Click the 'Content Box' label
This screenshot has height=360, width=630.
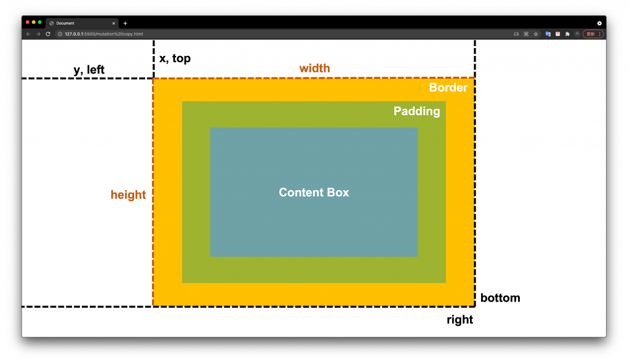314,193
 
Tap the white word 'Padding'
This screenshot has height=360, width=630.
417,111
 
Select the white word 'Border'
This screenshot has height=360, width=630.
448,87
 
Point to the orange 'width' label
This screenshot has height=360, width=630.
314,68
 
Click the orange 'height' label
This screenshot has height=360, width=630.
128,195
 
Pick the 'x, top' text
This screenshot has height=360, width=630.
175,58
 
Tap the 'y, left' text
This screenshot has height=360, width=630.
89,70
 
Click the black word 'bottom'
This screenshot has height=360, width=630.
500,298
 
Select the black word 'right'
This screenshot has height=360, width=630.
460,319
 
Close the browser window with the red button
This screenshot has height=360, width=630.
28,23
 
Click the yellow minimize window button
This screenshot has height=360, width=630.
34,23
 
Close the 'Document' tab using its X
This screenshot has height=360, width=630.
113,23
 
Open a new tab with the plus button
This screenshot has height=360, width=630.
126,23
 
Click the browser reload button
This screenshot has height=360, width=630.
48,34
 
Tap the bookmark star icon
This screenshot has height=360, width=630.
536,34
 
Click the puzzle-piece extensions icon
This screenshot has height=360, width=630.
567,34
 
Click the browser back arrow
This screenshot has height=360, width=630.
28,34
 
